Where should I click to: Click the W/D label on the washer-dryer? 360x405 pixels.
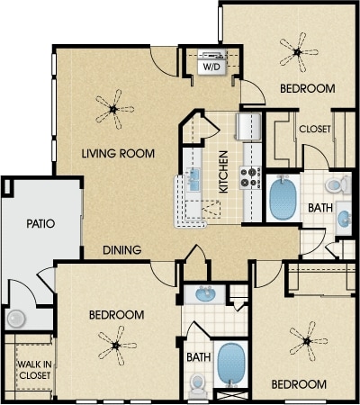click(212, 67)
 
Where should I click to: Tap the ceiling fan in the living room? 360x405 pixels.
click(114, 109)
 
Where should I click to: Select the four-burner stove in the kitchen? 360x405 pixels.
click(251, 178)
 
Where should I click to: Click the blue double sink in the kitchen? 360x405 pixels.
click(193, 179)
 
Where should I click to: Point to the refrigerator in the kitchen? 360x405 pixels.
click(248, 127)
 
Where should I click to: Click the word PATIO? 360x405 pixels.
click(40, 223)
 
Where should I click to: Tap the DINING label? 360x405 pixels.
click(122, 250)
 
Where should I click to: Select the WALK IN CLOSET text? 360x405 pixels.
click(34, 370)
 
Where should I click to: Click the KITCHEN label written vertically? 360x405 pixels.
click(224, 172)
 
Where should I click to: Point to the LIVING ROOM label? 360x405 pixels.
click(118, 154)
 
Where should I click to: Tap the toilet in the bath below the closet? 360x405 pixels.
click(338, 184)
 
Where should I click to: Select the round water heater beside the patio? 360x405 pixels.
click(16, 319)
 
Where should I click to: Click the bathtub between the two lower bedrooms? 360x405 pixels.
click(231, 364)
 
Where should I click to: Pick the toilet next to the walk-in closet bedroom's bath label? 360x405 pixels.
click(197, 384)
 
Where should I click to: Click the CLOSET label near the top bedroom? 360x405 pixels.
click(315, 129)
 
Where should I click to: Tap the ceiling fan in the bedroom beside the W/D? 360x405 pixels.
click(298, 52)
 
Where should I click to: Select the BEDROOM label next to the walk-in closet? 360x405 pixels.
click(117, 315)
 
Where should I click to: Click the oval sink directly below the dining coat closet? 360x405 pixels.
click(205, 293)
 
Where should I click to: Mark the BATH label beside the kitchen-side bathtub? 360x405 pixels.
click(320, 208)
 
